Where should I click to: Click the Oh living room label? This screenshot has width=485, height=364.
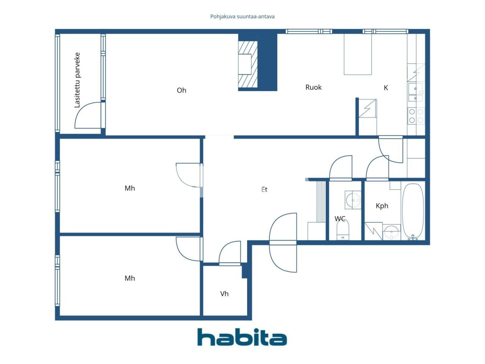pyautogui.click(x=181, y=90)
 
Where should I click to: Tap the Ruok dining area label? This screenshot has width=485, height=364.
pyautogui.click(x=313, y=87)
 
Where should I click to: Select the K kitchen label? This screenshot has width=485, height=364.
pyautogui.click(x=386, y=88)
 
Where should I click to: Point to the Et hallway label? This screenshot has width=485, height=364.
pyautogui.click(x=264, y=189)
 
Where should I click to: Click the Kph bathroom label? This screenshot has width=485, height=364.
pyautogui.click(x=382, y=206)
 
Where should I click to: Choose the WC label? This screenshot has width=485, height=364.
pyautogui.click(x=340, y=219)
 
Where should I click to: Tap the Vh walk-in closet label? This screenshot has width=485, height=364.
pyautogui.click(x=224, y=294)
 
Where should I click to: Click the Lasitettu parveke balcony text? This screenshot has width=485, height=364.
pyautogui.click(x=77, y=80)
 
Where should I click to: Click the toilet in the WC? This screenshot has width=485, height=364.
pyautogui.click(x=343, y=230)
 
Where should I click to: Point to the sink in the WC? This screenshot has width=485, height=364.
pyautogui.click(x=353, y=199)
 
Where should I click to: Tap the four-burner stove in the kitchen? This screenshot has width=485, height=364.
pyautogui.click(x=416, y=116)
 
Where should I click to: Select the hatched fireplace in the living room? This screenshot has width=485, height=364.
pyautogui.click(x=248, y=63)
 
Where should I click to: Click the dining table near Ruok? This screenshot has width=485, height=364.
pyautogui.click(x=358, y=54)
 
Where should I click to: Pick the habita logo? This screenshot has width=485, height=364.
pyautogui.click(x=242, y=337)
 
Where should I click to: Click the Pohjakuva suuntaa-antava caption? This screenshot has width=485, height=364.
pyautogui.click(x=242, y=17)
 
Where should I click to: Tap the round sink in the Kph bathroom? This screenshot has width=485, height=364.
pyautogui.click(x=391, y=231)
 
